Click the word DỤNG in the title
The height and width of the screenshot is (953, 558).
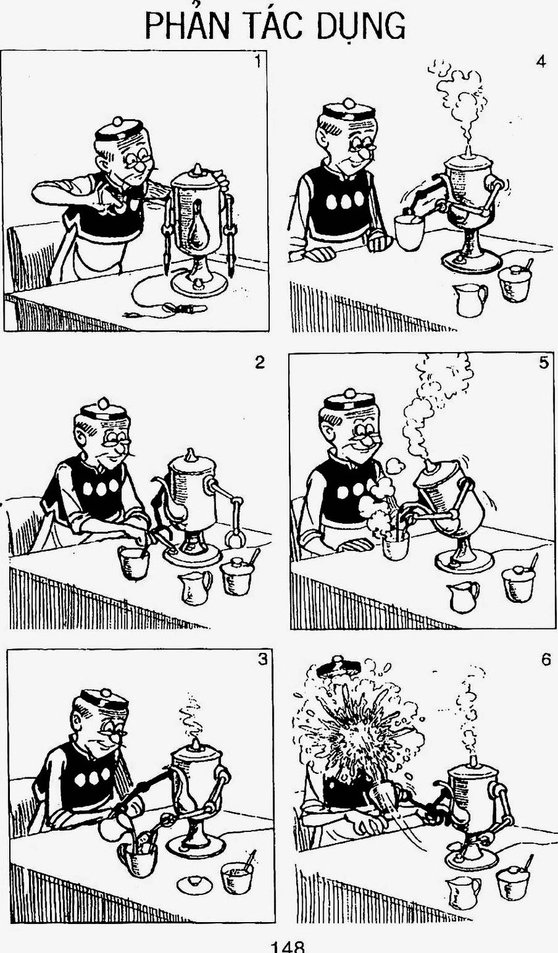(359, 26)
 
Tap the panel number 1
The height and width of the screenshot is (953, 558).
(257, 62)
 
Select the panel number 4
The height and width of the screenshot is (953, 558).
(541, 62)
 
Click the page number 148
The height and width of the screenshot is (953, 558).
(288, 948)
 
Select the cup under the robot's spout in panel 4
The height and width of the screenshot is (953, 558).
(409, 233)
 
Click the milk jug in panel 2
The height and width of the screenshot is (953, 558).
(195, 588)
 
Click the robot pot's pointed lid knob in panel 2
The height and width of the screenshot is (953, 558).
(190, 455)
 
